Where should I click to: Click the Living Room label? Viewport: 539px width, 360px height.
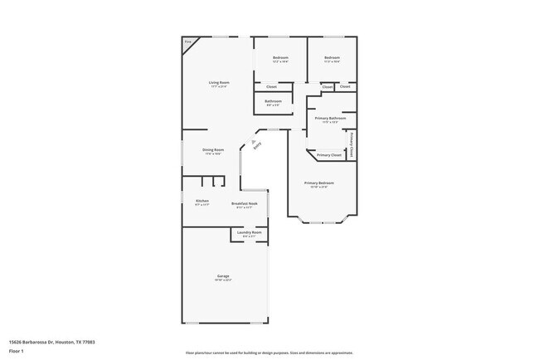[x=218, y=82]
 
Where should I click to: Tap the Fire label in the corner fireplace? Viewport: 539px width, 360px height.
[x=187, y=41]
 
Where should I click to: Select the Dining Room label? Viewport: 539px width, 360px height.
[x=213, y=149]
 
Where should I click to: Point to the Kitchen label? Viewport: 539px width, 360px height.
[x=202, y=201]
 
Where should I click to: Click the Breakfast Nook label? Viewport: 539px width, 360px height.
[x=244, y=202]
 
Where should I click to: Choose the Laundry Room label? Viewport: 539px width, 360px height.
[x=249, y=232]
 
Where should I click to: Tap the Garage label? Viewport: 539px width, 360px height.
[x=223, y=275]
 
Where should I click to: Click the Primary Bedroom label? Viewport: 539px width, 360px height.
[x=318, y=182]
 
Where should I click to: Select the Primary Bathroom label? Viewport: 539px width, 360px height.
[x=330, y=119]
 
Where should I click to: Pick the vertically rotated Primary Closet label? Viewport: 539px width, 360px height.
[x=352, y=144]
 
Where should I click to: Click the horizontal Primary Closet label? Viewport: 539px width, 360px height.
[x=329, y=155]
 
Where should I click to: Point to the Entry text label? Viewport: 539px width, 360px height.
[x=257, y=146]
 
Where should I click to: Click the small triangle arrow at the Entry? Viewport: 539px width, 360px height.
[x=249, y=143]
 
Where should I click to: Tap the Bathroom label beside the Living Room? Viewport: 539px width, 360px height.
[x=273, y=101]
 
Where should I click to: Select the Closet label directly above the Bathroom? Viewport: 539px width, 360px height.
[x=271, y=86]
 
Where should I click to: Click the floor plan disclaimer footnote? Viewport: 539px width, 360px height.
[x=269, y=353]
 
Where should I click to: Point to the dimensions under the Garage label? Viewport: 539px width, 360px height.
[x=223, y=280]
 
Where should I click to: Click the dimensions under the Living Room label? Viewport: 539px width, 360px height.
[x=218, y=86]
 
